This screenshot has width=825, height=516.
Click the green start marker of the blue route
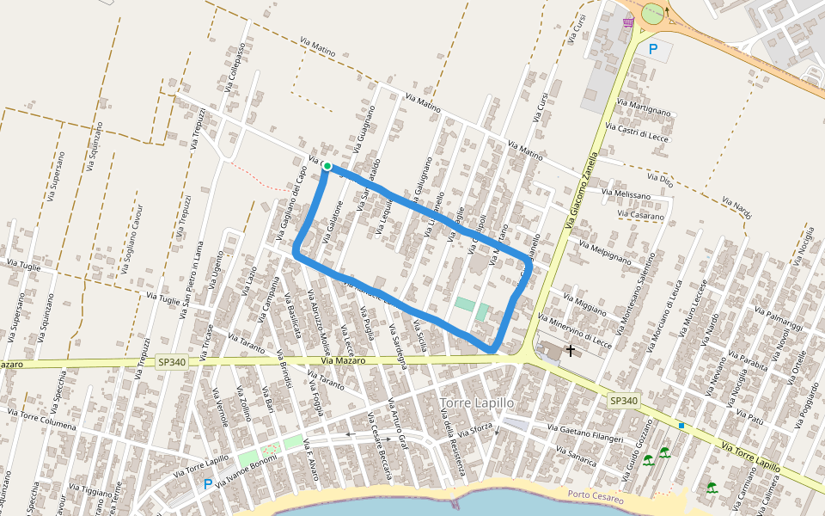click(327, 166)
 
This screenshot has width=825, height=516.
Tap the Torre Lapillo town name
click(476, 402)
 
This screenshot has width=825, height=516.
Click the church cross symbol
click(570, 351)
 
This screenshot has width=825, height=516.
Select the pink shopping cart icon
click(628, 21)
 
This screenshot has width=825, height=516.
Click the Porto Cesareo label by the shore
click(596, 494)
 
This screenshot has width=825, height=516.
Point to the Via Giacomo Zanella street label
click(582, 191)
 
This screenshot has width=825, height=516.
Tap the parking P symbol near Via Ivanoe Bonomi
click(207, 484)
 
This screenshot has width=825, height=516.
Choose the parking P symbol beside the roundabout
click(653, 49)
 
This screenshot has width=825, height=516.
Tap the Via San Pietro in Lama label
click(192, 279)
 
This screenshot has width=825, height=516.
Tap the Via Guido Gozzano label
click(637, 445)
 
